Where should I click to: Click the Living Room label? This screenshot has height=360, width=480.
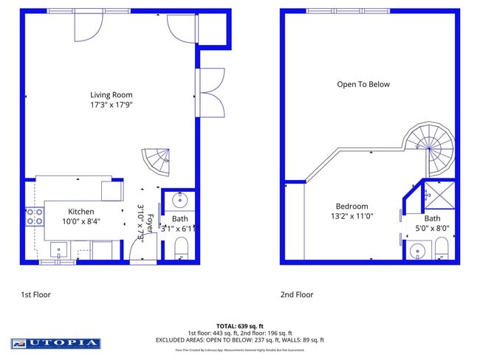[x=111, y=94]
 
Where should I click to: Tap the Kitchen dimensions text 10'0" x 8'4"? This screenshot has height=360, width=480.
[x=81, y=221]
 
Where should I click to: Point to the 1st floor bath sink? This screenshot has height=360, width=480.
[x=180, y=200]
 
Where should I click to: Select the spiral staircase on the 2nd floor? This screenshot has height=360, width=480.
[x=430, y=148]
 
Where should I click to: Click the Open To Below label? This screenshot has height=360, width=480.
[x=363, y=84]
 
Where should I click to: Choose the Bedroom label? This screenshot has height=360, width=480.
[x=352, y=207]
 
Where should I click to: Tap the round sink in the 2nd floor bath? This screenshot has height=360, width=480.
[x=418, y=251]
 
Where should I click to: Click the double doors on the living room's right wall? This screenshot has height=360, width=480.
[x=211, y=92]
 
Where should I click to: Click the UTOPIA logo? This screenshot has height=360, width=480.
[x=55, y=343]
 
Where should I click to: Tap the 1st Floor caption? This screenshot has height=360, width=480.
[x=35, y=294]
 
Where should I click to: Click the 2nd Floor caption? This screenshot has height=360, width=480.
[x=296, y=294]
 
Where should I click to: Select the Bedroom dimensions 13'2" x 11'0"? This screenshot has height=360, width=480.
[x=352, y=216]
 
